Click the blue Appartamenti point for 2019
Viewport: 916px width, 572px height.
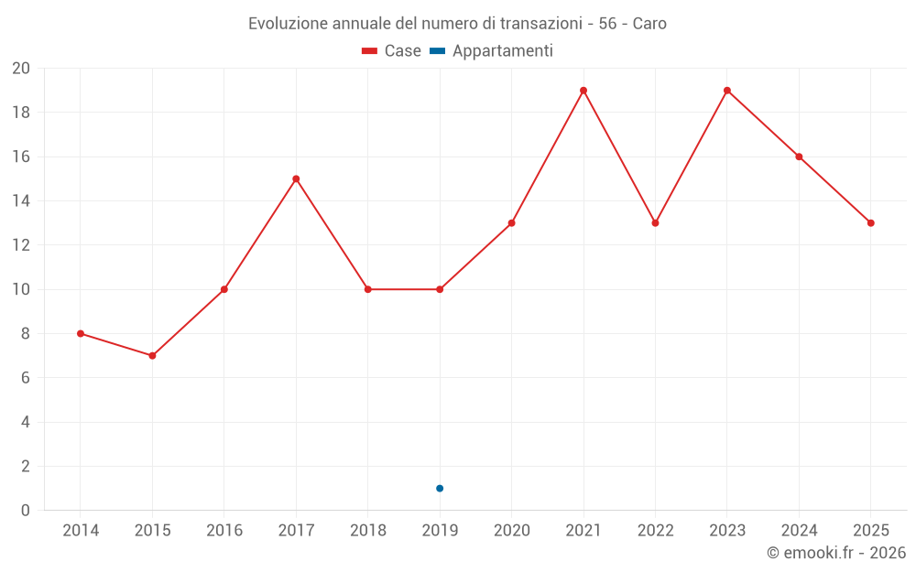(440, 488)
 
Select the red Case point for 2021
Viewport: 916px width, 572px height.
(583, 91)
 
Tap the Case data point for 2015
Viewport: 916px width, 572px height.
(152, 355)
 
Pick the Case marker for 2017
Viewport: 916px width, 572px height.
(296, 178)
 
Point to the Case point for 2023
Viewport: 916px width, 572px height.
(727, 91)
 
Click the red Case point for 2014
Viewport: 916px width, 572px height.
(81, 333)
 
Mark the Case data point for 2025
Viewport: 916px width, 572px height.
(871, 222)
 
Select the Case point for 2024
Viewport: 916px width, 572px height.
(799, 156)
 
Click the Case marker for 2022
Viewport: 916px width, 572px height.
(655, 222)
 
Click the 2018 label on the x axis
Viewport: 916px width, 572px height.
(368, 530)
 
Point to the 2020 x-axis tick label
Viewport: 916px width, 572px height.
(511, 530)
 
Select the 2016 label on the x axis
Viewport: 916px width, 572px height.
(224, 530)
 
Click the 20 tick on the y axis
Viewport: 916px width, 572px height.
(21, 69)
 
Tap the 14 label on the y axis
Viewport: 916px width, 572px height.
(21, 201)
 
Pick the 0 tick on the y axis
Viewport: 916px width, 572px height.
(26, 510)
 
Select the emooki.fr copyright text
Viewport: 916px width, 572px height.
(836, 553)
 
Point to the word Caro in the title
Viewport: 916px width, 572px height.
(649, 23)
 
